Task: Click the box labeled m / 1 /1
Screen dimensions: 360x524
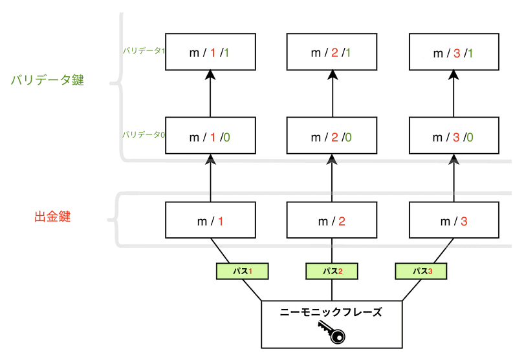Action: (x=211, y=52)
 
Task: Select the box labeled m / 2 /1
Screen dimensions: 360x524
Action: (x=332, y=52)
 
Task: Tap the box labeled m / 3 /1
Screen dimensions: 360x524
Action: (x=454, y=52)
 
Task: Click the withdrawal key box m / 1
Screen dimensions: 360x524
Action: (x=211, y=220)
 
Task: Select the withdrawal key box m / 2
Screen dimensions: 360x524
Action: (x=332, y=220)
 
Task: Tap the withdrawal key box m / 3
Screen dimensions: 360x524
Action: (x=454, y=220)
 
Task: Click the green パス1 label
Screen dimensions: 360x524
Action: (x=242, y=271)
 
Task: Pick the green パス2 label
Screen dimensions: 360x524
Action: (x=332, y=271)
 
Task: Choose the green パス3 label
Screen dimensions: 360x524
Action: (x=421, y=271)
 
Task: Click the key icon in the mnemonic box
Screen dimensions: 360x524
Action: (x=332, y=332)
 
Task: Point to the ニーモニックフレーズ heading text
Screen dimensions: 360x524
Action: (x=331, y=312)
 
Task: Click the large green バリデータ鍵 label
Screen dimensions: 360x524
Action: (x=47, y=81)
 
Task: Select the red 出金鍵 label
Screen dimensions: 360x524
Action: (x=52, y=217)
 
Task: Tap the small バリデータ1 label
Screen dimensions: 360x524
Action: (x=143, y=50)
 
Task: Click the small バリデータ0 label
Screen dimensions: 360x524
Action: (x=143, y=134)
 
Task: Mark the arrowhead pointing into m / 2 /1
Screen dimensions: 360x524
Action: (x=332, y=76)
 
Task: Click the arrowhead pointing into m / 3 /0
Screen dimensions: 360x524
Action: (x=454, y=160)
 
